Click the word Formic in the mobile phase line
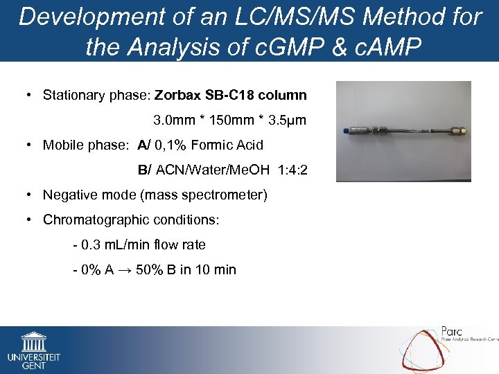pos(217,145)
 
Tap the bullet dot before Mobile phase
pos(29,145)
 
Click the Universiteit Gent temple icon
pos(33,341)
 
